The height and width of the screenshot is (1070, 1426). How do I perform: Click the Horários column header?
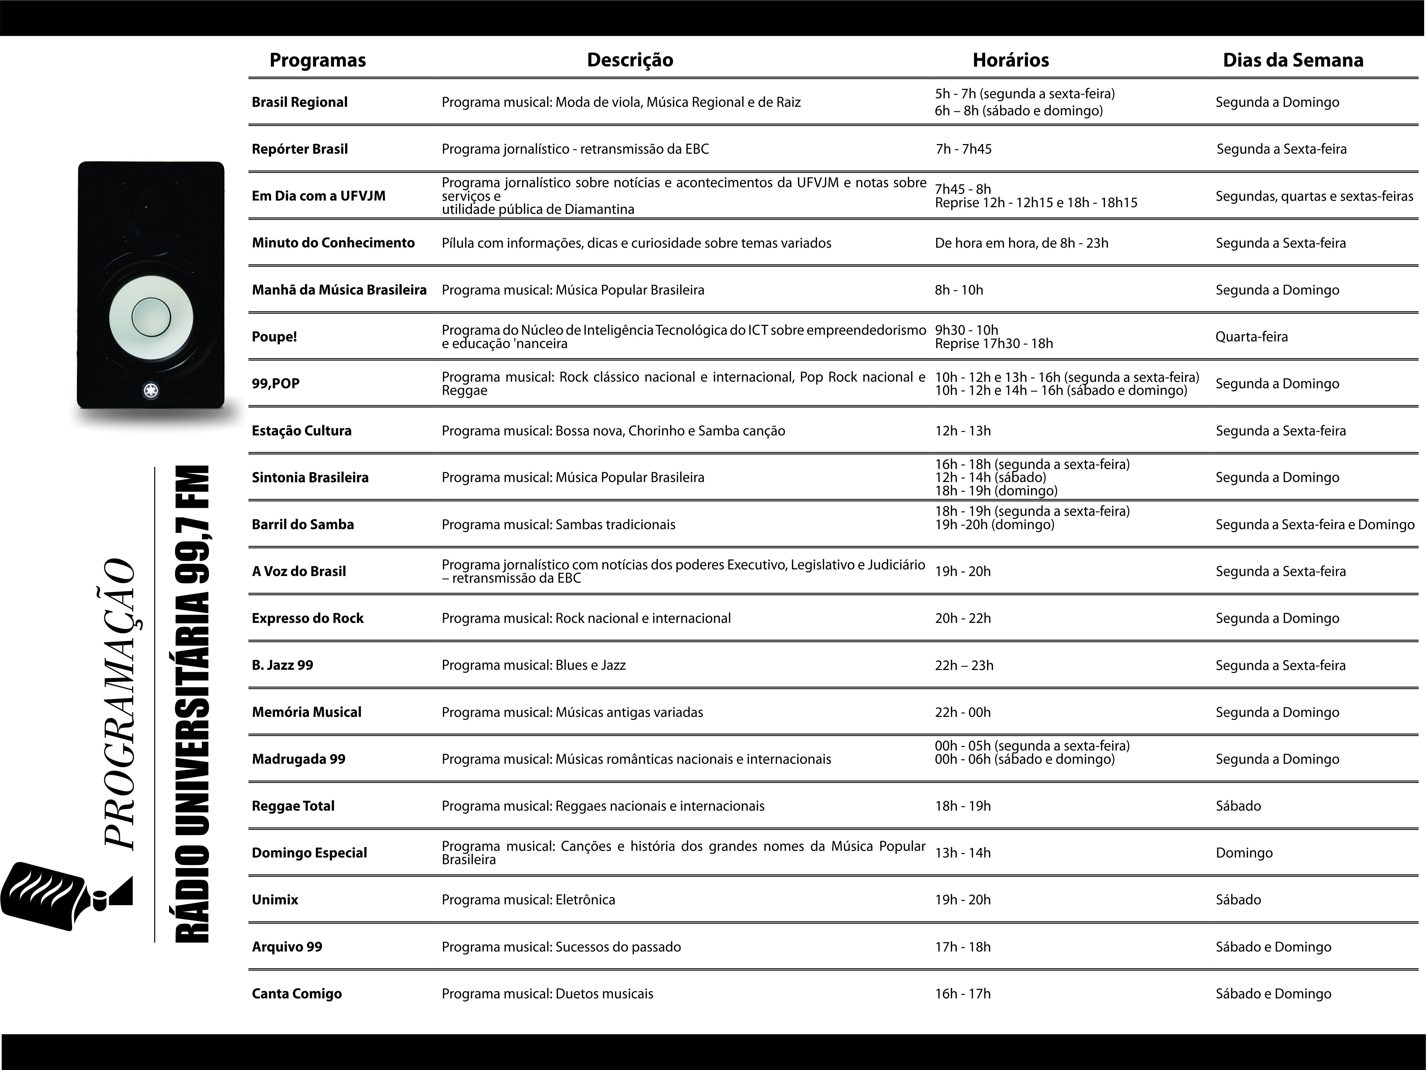1010,60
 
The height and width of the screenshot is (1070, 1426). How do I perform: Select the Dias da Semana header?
1293,60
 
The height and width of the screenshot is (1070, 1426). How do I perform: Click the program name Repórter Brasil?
300,149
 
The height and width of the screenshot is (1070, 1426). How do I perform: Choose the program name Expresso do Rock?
308,618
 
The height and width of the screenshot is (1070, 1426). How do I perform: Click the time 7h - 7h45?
963,149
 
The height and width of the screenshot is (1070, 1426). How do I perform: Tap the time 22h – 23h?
964,665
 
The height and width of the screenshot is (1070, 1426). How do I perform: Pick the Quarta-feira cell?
1251,336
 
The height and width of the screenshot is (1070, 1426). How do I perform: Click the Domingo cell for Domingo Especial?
1244,853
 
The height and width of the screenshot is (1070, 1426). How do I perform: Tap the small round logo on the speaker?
151,391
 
